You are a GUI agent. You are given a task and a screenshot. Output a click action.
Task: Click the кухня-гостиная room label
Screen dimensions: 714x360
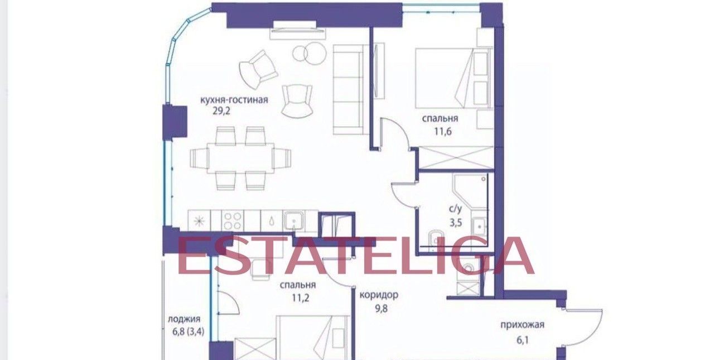(234, 100)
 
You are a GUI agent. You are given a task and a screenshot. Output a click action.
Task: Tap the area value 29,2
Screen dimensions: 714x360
(221, 111)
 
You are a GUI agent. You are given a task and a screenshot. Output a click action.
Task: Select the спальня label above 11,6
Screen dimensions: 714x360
(440, 119)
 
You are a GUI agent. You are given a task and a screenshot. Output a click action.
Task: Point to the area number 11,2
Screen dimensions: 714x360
(300, 298)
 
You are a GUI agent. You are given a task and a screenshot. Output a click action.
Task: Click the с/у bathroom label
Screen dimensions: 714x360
(456, 209)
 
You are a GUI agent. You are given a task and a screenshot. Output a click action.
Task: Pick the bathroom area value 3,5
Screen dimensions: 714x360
(456, 223)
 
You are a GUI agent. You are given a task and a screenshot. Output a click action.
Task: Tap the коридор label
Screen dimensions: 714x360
(379, 295)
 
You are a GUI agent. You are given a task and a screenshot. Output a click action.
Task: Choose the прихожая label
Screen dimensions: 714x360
(522, 325)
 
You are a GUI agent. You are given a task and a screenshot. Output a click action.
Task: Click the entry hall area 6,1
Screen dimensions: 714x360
(523, 340)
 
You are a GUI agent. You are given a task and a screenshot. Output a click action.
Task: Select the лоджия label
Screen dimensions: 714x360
(184, 319)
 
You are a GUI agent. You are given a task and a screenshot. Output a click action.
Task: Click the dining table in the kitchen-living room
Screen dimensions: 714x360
(240, 158)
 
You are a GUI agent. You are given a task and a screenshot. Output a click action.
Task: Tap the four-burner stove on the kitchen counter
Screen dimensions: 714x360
(233, 221)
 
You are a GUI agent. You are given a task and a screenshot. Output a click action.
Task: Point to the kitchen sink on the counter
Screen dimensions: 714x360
(294, 220)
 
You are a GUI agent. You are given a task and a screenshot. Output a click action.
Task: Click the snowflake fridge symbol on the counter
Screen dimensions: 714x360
(199, 220)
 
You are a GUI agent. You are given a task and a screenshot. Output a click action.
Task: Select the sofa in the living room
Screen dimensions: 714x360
(348, 90)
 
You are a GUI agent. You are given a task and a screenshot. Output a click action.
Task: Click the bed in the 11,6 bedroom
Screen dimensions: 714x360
(454, 78)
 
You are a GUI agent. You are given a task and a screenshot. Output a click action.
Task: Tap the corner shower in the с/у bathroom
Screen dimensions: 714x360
(470, 190)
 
